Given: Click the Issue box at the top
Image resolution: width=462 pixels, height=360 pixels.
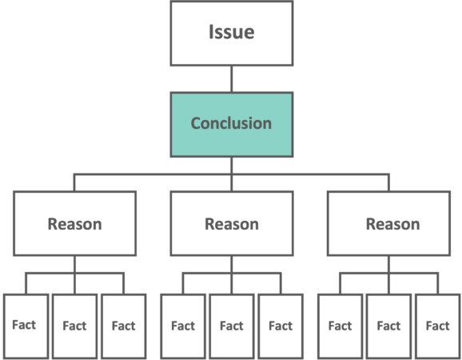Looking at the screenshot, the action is pos(232,34).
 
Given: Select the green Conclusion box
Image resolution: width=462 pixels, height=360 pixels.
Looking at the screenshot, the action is pos(232,125).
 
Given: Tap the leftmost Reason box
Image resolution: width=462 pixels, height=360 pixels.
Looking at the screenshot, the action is pos(75,223).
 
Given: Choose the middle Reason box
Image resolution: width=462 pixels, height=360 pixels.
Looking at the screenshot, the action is pos(232,223).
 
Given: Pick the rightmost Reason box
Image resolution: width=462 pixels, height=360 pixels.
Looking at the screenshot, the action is pos(388,223).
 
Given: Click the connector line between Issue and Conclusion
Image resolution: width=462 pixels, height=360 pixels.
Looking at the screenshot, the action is pos(232,79).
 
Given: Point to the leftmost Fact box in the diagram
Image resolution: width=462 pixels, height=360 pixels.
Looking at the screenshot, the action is pos(26,326).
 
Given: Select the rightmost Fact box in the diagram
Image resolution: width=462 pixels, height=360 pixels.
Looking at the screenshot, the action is pos(438,326).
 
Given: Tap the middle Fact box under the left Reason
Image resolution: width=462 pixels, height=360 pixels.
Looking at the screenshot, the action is pos(75,326).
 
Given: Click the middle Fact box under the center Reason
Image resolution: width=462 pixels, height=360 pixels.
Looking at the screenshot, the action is pos(232,326).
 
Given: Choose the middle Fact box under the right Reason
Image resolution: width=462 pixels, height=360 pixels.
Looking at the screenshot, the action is pos(388,326).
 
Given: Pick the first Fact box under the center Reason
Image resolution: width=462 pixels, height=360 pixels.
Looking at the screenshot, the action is pos(183,326).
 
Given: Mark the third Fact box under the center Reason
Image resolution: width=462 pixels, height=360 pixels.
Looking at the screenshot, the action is pos(281,326).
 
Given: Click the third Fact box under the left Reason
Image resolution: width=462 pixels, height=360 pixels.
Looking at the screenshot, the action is pos(124,326).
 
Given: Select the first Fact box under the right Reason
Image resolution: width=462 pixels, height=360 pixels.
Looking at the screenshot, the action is pos(341,326).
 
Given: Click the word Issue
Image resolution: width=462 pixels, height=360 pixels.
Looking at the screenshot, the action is pos(232,32).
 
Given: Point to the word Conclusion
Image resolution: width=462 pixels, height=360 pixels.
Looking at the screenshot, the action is pos(231,123).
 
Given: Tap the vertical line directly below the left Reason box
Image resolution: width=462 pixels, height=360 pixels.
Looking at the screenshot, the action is pos(75,274).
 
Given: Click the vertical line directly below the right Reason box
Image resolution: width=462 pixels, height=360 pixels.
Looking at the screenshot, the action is pos(388,274).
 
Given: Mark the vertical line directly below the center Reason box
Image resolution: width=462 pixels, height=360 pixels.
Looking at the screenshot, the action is pos(232,274).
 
